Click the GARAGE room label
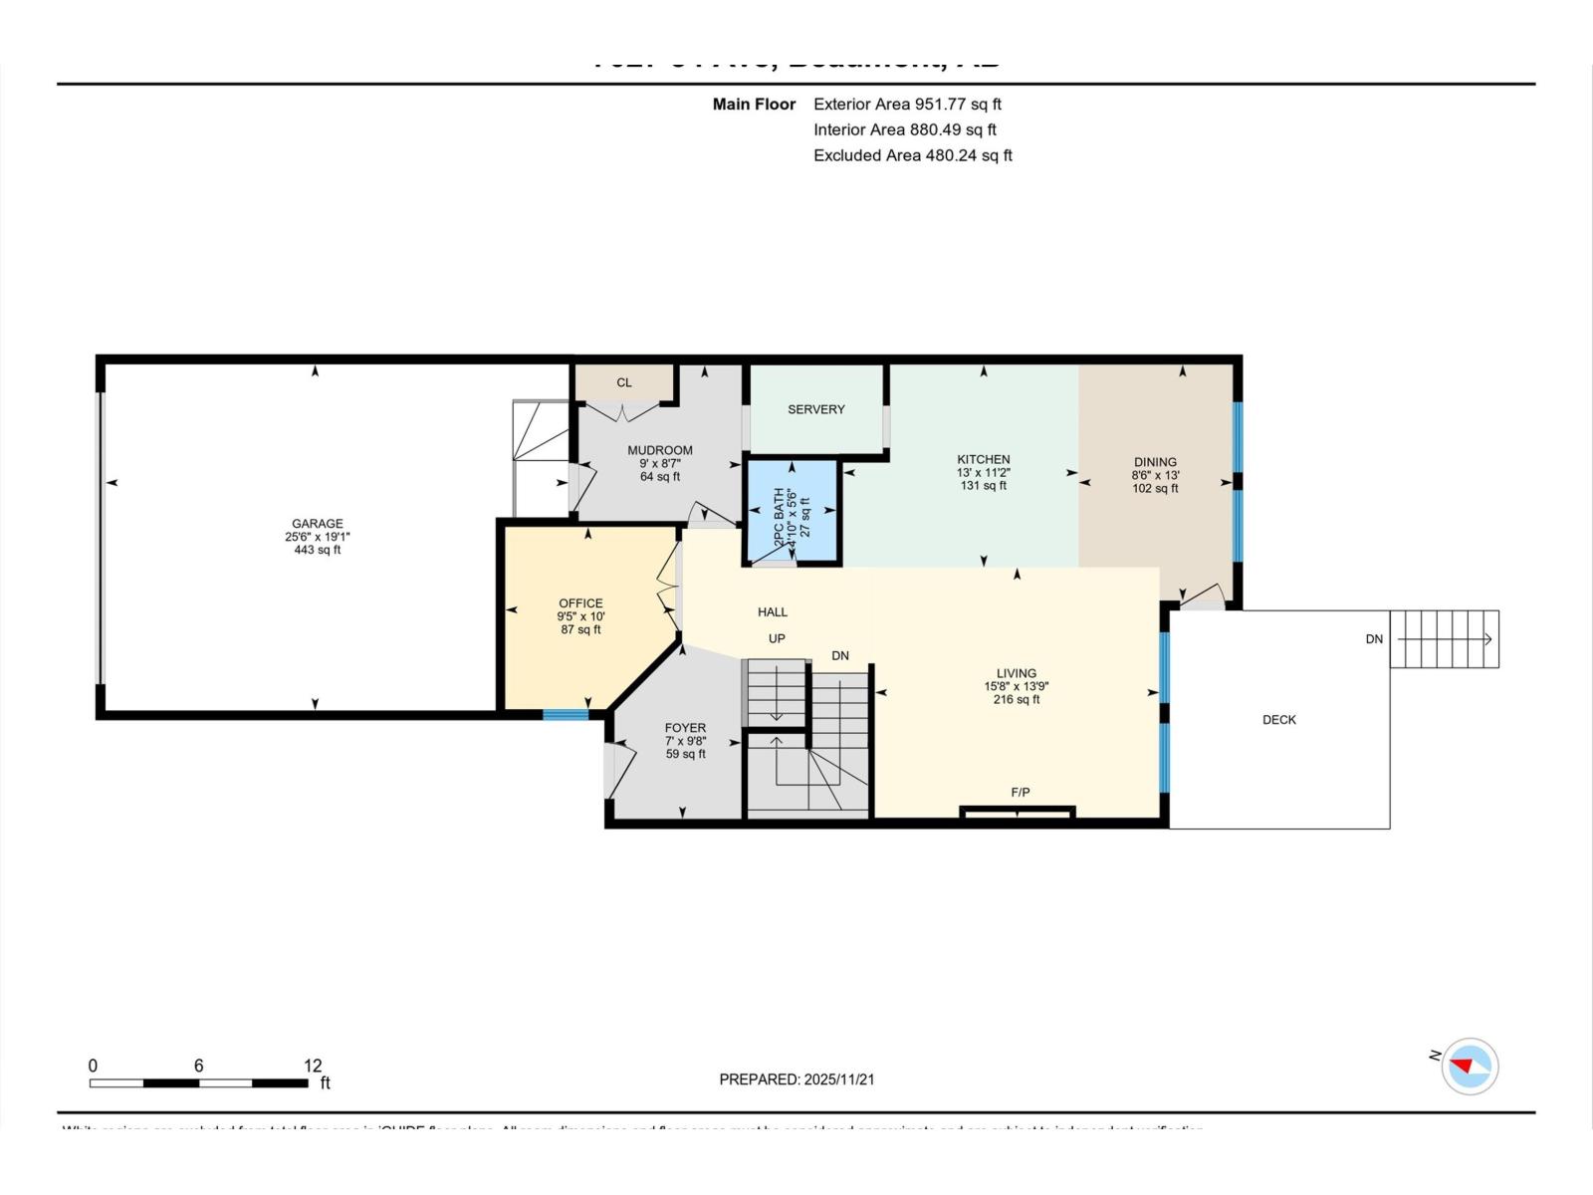click(317, 523)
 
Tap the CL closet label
click(624, 382)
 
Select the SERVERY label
click(815, 409)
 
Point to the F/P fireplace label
click(1021, 793)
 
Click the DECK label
click(1279, 720)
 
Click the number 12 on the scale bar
click(313, 1066)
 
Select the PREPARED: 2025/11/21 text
click(796, 1079)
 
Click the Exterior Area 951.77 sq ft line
click(907, 104)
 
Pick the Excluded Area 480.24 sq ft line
click(912, 155)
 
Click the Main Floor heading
click(754, 104)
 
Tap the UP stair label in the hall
click(777, 638)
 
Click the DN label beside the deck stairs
click(1374, 639)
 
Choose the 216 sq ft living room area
click(1017, 699)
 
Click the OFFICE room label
click(580, 603)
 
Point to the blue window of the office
click(566, 714)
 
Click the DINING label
click(1155, 462)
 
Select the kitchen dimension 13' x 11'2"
click(984, 473)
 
